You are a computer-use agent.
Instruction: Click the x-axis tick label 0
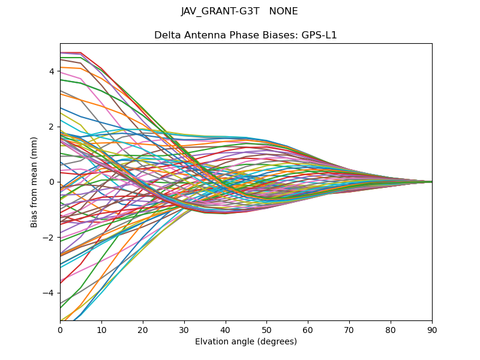[x=60, y=329]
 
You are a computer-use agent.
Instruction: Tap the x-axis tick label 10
[x=101, y=329]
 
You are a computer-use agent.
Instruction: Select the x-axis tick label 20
[x=143, y=329]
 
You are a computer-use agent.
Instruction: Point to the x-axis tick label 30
[x=184, y=329]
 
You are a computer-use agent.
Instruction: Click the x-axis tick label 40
[x=226, y=329]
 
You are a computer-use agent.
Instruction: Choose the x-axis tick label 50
[x=266, y=329]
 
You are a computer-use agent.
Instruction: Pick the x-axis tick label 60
[x=308, y=329]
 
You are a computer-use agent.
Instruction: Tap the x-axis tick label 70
[x=349, y=329]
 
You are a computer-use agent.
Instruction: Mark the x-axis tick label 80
[x=391, y=329]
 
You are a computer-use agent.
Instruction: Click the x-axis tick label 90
[x=432, y=329]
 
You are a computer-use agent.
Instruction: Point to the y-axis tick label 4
[x=52, y=71]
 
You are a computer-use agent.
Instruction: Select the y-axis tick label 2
[x=52, y=127]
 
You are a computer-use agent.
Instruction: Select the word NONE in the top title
[x=283, y=11]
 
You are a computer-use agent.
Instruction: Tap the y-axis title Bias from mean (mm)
[x=35, y=182]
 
